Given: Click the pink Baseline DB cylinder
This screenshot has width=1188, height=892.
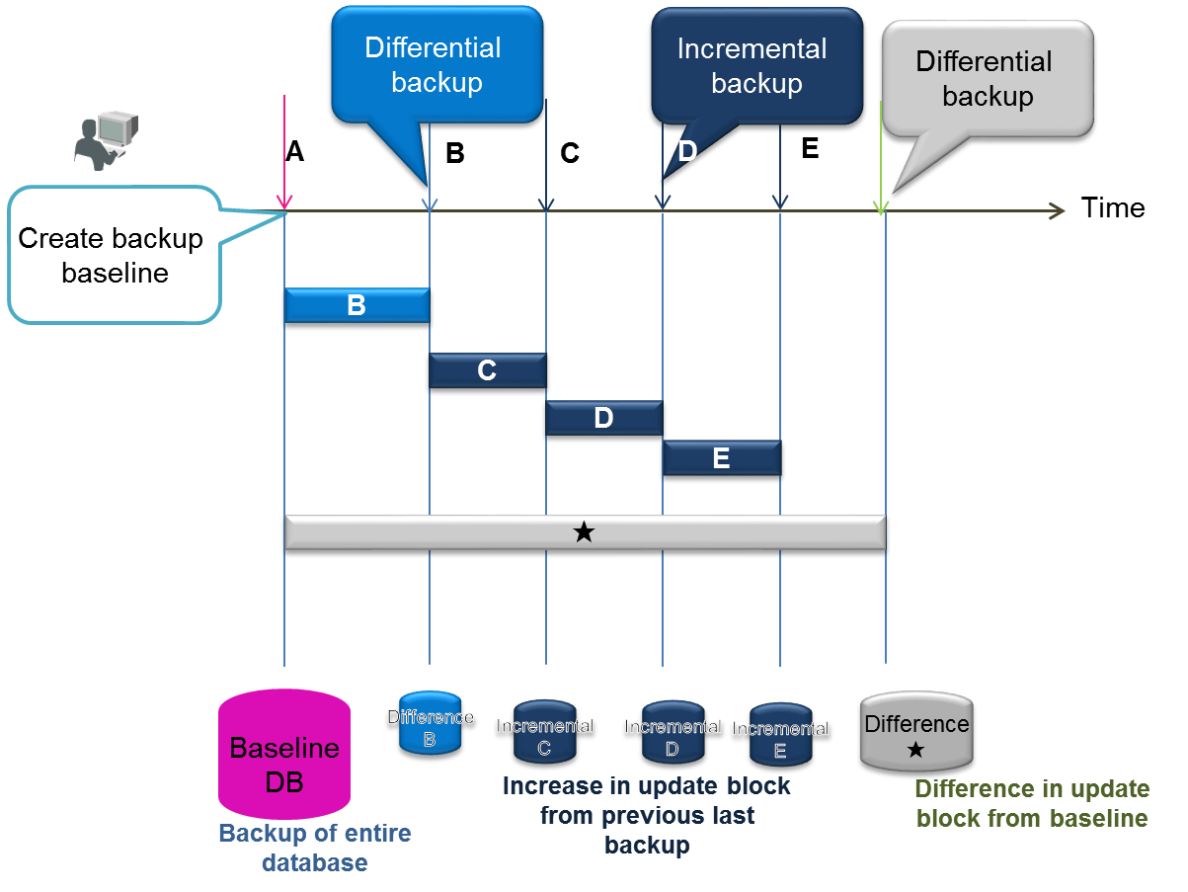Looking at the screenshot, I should (x=284, y=755).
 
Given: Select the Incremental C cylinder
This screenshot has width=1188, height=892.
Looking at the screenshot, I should (x=544, y=735).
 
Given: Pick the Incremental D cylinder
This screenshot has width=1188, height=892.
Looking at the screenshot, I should (x=673, y=735).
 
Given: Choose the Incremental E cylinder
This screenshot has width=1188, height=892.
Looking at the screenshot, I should (x=779, y=738).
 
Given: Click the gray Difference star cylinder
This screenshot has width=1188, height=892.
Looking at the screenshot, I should (x=916, y=732).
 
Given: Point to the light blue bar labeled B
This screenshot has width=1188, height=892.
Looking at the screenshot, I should (x=356, y=305).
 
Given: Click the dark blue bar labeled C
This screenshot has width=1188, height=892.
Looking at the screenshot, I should (x=487, y=370).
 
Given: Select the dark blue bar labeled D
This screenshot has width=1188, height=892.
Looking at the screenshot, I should (x=603, y=418).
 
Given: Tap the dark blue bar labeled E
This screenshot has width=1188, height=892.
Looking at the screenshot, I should (x=721, y=458).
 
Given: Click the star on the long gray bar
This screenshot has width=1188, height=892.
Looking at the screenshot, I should (x=584, y=533).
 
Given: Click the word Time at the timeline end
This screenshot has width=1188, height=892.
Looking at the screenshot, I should (x=1113, y=208).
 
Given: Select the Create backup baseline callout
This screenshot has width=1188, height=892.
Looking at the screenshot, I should (x=112, y=255).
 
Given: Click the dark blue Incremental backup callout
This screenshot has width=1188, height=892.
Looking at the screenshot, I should (x=754, y=67).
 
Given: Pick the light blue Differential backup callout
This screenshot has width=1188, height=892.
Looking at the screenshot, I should (x=436, y=65).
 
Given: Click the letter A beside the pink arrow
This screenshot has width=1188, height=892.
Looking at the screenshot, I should (x=295, y=151).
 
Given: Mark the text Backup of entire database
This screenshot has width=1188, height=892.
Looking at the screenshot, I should (x=314, y=848).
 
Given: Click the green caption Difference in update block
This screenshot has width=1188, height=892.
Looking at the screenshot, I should (x=1032, y=803).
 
